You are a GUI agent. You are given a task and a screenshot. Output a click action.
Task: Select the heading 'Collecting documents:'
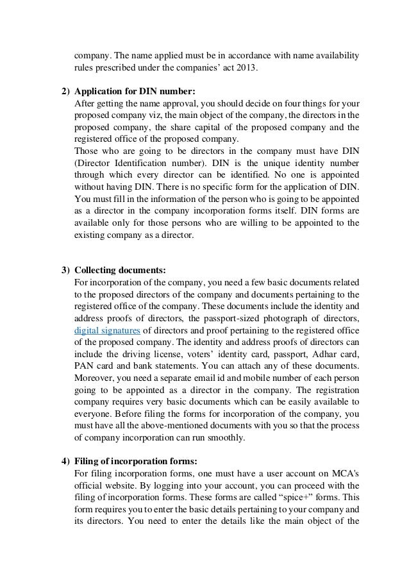pyautogui.click(x=120, y=270)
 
